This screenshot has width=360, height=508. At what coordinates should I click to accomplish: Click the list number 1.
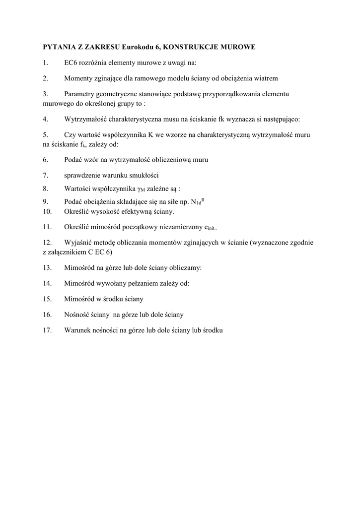[x=45, y=63]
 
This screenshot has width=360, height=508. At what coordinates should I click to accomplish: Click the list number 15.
[x=47, y=299]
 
